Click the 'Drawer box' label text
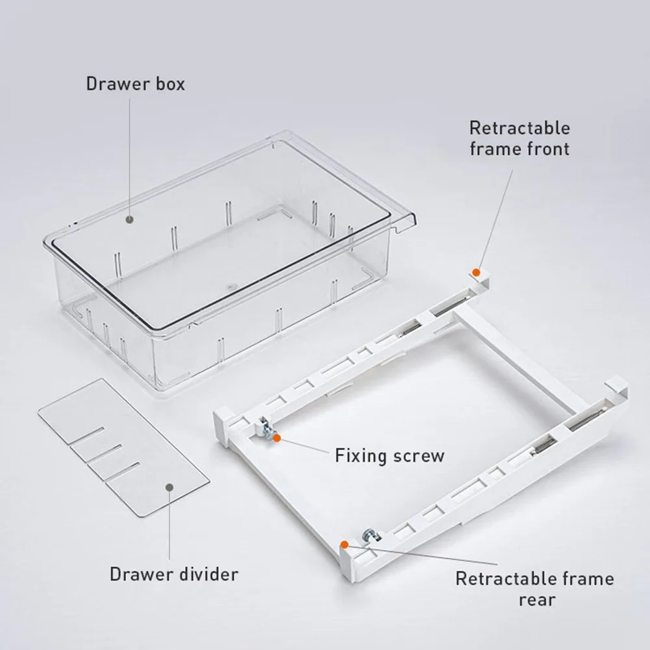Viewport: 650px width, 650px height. point(135,84)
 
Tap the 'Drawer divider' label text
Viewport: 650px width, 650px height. point(174,574)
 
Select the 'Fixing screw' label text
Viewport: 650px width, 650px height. point(390,456)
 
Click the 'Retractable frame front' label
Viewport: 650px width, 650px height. point(520,138)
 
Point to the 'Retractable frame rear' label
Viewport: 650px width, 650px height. point(535,589)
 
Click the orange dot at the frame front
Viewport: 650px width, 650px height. point(477,273)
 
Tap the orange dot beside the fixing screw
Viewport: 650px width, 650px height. point(277,438)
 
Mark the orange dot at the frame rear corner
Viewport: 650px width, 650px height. point(344,544)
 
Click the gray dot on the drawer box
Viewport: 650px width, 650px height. point(130,219)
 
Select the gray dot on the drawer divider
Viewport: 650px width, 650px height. point(169,487)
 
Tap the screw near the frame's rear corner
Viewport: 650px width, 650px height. point(371,536)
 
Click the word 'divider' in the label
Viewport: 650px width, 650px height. point(209,574)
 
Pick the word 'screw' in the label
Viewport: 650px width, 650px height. point(419,456)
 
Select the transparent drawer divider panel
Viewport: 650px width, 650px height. point(123,447)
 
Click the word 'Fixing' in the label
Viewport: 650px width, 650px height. point(361,456)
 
